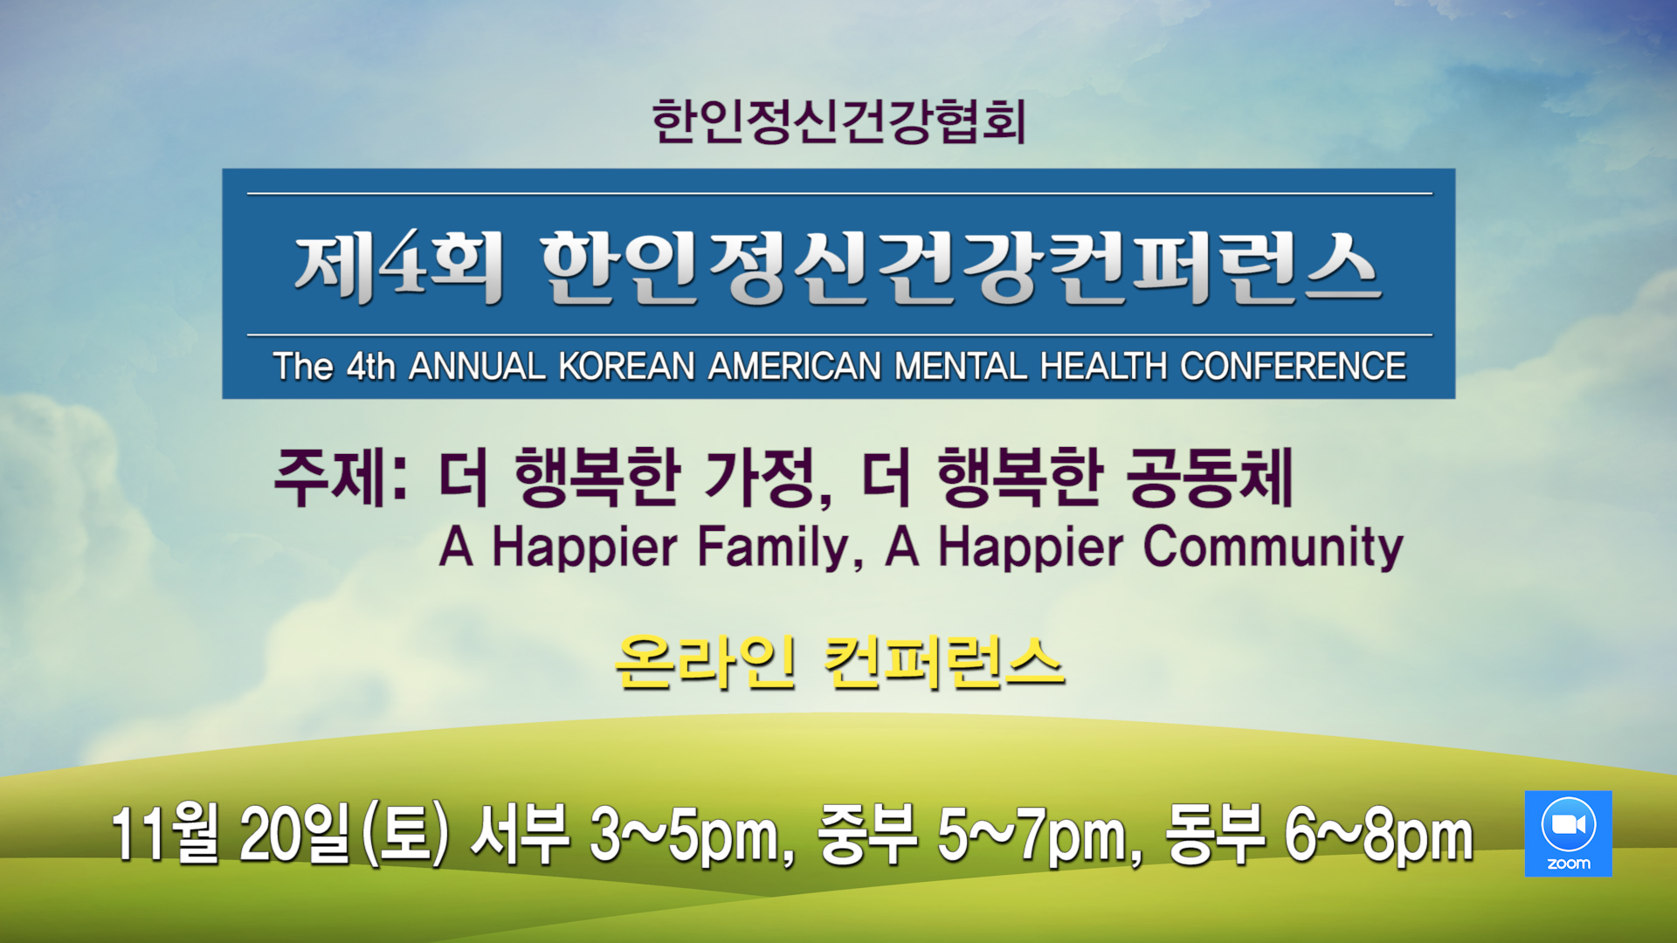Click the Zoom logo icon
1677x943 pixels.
click(x=1568, y=833)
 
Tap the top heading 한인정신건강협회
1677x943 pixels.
click(x=838, y=121)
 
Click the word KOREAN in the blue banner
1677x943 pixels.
click(x=626, y=367)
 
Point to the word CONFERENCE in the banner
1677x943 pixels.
click(x=1294, y=367)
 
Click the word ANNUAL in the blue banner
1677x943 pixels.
click(x=478, y=367)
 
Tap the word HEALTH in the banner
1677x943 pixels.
click(x=1104, y=367)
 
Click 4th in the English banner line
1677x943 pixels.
click(x=370, y=367)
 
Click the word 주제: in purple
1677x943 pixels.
click(x=342, y=478)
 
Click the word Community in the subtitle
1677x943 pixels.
click(x=1273, y=548)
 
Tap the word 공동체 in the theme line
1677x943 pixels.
click(x=1210, y=478)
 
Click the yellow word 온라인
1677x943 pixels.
click(x=705, y=663)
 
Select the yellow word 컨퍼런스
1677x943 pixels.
click(x=944, y=663)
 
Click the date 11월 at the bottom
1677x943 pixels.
click(x=165, y=834)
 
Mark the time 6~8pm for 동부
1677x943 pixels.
click(x=1378, y=836)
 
